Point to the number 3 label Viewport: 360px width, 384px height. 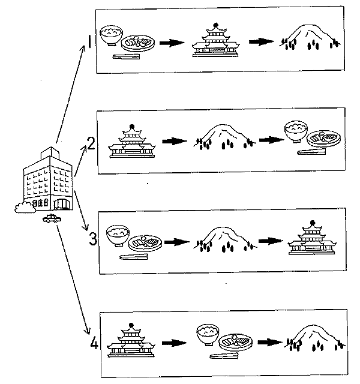click(x=92, y=239)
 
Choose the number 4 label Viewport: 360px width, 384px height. click(x=94, y=343)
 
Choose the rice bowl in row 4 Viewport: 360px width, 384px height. click(x=209, y=333)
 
